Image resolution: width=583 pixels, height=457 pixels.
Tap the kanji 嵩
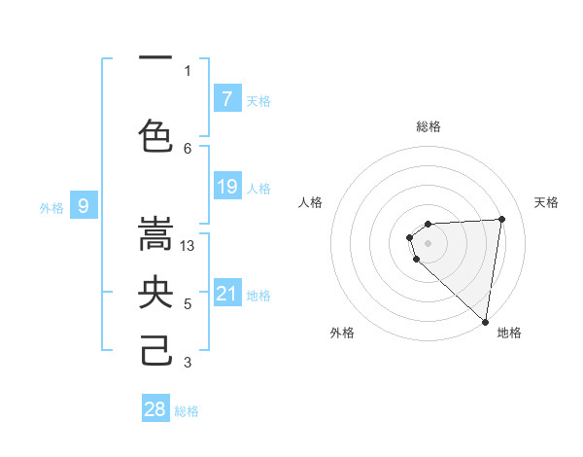tap(155, 234)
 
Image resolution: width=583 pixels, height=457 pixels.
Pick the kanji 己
tap(155, 350)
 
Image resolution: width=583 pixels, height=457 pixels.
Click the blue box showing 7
tap(227, 98)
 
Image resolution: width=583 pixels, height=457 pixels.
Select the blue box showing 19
tap(227, 187)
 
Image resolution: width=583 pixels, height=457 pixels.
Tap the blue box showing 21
tap(227, 294)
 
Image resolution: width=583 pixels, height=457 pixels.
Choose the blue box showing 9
tap(84, 205)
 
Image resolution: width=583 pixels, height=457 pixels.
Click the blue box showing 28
tap(155, 409)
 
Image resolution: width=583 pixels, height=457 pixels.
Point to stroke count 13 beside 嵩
tap(189, 246)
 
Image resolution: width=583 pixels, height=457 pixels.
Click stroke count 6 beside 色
tap(189, 148)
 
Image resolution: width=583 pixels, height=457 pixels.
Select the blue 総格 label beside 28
tap(188, 411)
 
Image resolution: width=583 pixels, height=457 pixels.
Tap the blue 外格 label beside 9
tap(51, 207)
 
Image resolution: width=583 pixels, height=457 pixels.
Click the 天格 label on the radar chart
tap(547, 202)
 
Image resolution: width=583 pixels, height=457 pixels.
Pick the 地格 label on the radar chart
tap(509, 333)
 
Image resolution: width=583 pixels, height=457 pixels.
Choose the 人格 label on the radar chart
tap(310, 202)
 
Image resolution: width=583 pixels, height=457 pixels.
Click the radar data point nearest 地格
tap(485, 321)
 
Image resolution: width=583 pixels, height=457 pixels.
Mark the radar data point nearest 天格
tap(501, 219)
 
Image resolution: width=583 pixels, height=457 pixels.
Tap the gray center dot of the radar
tap(428, 242)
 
